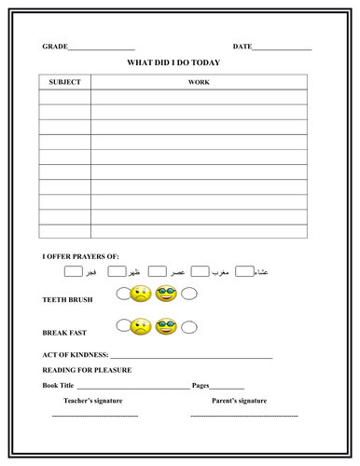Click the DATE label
pyautogui.click(x=242, y=46)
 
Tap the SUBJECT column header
pyautogui.click(x=64, y=82)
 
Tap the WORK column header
pyautogui.click(x=199, y=82)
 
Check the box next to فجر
pyautogui.click(x=73, y=272)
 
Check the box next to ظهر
pyautogui.click(x=117, y=272)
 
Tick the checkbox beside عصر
pyautogui.click(x=157, y=272)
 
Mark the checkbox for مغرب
pyautogui.click(x=201, y=272)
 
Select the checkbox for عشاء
pyautogui.click(x=244, y=272)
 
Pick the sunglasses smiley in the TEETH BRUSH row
pyautogui.click(x=167, y=295)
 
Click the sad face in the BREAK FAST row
pyautogui.click(x=141, y=327)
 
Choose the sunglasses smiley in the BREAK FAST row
pyautogui.click(x=167, y=327)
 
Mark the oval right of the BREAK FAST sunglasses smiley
pyautogui.click(x=189, y=328)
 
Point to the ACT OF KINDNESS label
pyautogui.click(x=76, y=355)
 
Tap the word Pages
pyautogui.click(x=201, y=385)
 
